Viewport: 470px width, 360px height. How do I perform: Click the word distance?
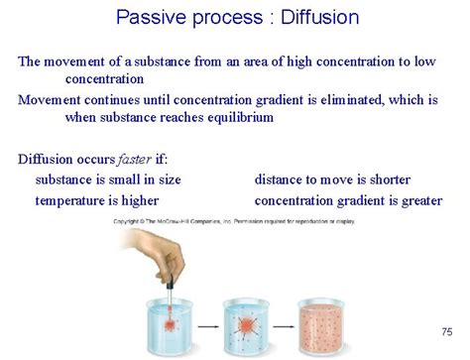(x=282, y=180)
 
